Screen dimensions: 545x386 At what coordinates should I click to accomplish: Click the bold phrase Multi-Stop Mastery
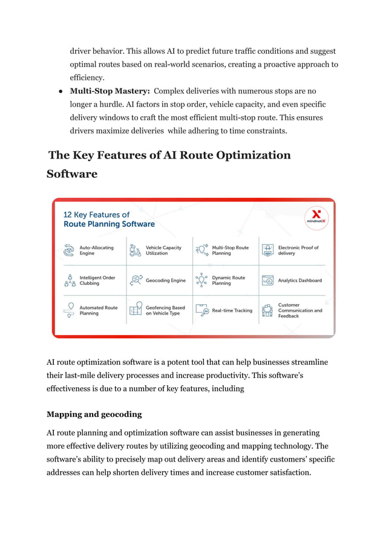tap(110, 91)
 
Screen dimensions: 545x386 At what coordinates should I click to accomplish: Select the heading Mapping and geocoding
tap(94, 414)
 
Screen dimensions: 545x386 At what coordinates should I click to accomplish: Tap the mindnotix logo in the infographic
tap(315, 217)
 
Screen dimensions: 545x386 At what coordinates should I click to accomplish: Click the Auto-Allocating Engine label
tap(96, 250)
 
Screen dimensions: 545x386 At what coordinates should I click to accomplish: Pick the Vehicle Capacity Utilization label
tap(163, 250)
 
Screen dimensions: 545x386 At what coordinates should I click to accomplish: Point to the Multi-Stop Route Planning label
tap(230, 250)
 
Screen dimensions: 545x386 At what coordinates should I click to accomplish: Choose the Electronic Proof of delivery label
tap(298, 250)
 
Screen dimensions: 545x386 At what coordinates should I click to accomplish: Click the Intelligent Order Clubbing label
tap(97, 281)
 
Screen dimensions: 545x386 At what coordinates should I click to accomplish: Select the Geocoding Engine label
tap(166, 281)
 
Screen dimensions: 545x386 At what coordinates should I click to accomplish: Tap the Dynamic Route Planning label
tap(228, 281)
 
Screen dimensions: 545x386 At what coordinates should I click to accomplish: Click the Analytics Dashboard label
tap(299, 281)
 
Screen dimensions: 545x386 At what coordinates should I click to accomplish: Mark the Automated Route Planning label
tap(99, 310)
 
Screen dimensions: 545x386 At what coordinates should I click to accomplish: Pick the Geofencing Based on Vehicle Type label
tap(165, 310)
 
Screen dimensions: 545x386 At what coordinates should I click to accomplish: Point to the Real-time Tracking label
tap(232, 311)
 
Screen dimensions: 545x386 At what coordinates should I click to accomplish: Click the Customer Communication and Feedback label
tap(300, 310)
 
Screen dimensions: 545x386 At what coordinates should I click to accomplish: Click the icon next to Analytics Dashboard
tap(267, 281)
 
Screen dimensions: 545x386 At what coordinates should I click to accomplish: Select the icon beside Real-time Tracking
tap(201, 311)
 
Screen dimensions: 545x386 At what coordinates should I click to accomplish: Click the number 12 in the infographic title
tap(68, 215)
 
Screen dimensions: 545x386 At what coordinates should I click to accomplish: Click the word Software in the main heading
tap(72, 174)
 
